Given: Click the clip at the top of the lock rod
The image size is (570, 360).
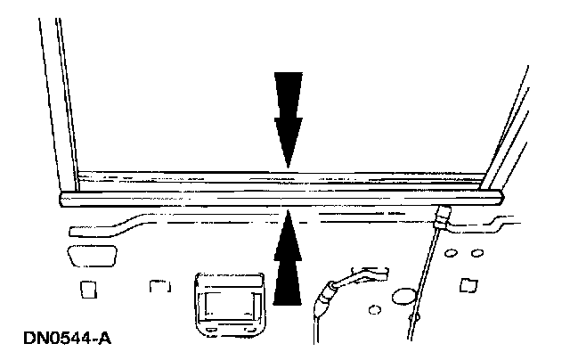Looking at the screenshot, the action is [442, 215].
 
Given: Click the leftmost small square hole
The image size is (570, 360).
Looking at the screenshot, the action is [88, 290].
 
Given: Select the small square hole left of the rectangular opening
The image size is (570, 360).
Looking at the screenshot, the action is [159, 288].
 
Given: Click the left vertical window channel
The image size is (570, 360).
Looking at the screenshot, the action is [57, 89].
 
